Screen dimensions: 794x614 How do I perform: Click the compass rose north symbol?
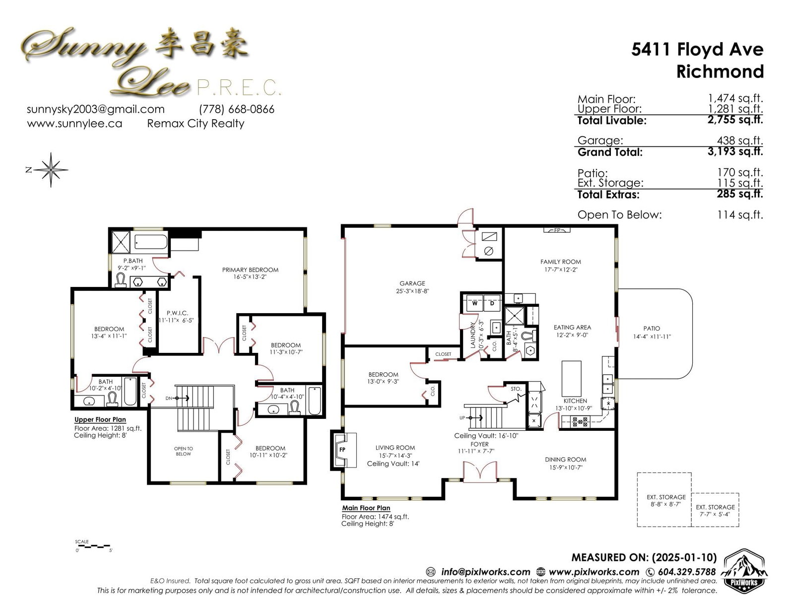tap(51, 170)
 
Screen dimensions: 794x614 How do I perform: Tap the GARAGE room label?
tap(412, 283)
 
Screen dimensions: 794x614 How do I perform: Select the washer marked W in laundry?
tap(474, 303)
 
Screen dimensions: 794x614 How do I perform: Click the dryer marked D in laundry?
tap(492, 303)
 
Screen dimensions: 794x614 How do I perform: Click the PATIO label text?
tap(652, 329)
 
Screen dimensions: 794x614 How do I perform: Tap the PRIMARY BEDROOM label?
tap(250, 270)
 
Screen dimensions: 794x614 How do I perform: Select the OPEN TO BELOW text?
tap(184, 451)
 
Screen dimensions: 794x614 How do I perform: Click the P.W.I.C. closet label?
tap(177, 313)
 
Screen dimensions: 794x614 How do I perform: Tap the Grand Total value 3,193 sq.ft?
tap(735, 151)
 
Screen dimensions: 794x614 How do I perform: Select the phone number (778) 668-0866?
tap(237, 109)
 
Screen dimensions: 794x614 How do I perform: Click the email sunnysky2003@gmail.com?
tap(96, 109)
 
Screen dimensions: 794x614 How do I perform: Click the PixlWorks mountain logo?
tap(744, 571)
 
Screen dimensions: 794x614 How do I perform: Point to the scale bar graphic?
tap(94, 546)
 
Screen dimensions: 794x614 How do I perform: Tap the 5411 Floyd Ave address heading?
tap(697, 49)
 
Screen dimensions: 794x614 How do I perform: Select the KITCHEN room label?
tap(575, 401)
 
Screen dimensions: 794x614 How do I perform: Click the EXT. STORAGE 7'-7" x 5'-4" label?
tap(715, 511)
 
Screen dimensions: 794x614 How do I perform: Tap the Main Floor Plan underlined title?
tap(366, 508)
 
